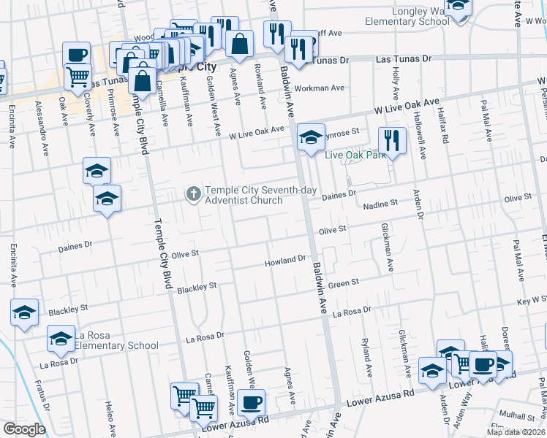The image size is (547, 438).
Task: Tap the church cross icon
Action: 193,193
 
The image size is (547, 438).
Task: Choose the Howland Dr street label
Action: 285,260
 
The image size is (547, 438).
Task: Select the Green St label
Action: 344,283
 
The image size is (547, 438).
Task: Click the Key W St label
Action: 532,300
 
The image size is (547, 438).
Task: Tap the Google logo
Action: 24,429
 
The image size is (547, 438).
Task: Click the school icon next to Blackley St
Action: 25,312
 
